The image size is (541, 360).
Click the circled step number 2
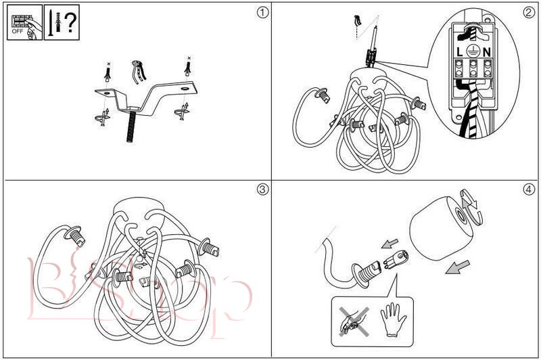click(528, 12)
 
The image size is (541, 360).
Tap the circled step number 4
click(528, 189)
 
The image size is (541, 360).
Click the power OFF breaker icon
click(23, 23)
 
